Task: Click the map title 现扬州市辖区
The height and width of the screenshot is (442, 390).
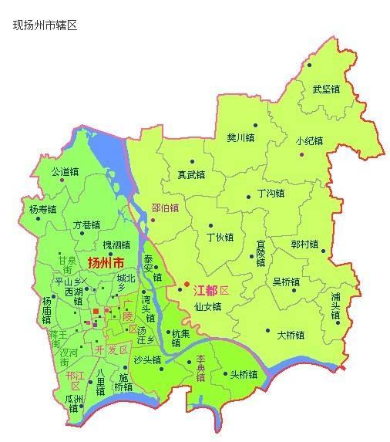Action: (45, 25)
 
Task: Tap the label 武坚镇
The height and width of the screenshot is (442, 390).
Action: (326, 89)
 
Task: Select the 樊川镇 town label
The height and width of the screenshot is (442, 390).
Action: (240, 138)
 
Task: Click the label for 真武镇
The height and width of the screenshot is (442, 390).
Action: (191, 174)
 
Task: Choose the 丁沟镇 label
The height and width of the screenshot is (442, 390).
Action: (271, 192)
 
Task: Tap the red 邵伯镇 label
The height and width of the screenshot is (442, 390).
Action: (165, 208)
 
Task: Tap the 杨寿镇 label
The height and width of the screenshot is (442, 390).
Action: (43, 209)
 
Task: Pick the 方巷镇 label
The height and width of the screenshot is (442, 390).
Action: (86, 225)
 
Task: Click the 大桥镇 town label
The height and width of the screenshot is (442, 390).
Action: (291, 335)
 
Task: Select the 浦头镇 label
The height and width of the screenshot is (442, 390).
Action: (335, 306)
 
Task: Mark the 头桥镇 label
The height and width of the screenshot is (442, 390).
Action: (244, 374)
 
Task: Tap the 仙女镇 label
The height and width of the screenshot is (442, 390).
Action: (208, 306)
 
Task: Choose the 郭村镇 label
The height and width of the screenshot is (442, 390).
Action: (305, 244)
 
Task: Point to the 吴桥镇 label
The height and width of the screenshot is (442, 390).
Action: (287, 282)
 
